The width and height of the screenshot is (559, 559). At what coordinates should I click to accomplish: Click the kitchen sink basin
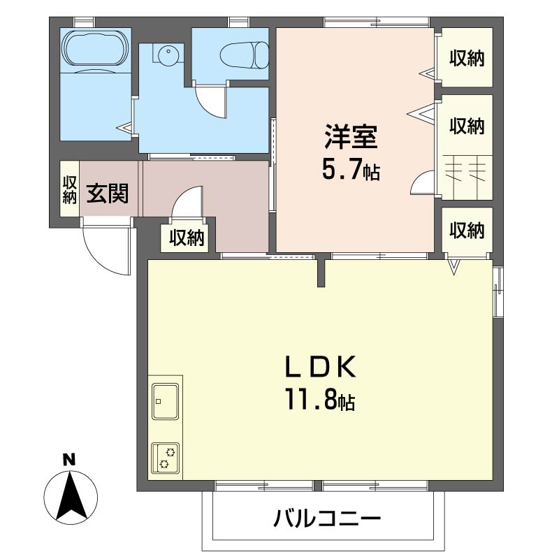point(166,401)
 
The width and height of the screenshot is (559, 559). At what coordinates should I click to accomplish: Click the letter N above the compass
point(68,460)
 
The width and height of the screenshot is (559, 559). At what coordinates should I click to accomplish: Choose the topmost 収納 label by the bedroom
point(466,59)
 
